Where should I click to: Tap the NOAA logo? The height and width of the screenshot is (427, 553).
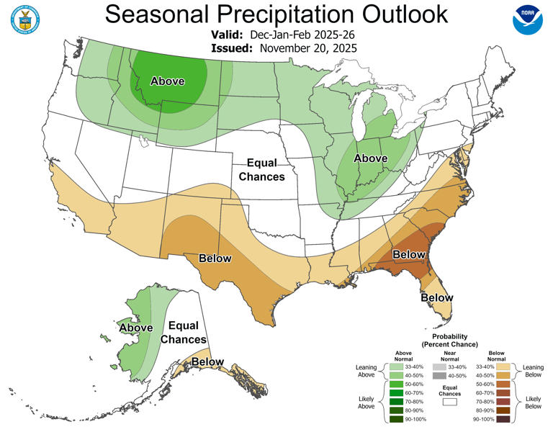[x=529, y=21]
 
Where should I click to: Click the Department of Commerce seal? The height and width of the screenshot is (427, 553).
[x=27, y=21]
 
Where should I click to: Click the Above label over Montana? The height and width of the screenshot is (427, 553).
[x=167, y=81]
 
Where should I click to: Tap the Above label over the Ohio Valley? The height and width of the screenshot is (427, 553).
[x=372, y=158]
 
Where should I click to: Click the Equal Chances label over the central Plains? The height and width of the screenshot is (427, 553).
[x=261, y=170]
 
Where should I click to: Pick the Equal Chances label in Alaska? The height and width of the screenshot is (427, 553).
[x=183, y=333]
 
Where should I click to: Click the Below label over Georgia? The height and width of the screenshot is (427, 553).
[x=408, y=254]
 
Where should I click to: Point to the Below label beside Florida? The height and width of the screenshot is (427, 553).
[x=437, y=297]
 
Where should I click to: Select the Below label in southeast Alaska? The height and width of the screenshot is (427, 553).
[x=207, y=361]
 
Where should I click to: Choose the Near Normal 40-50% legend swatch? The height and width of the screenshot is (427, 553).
[x=439, y=375]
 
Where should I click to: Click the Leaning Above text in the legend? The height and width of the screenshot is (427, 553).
[x=367, y=372]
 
